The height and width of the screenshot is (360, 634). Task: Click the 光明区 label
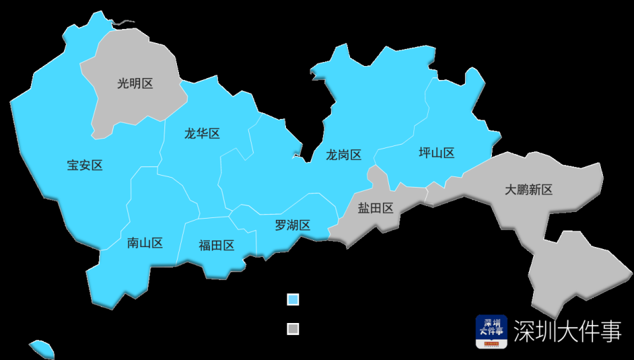click(x=135, y=84)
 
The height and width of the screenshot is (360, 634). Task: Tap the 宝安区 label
click(x=85, y=165)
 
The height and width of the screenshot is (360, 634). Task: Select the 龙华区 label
click(x=201, y=134)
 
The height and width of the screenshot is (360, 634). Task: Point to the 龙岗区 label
click(x=343, y=155)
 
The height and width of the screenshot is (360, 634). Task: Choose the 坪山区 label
click(x=437, y=153)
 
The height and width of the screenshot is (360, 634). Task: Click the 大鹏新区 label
click(x=528, y=190)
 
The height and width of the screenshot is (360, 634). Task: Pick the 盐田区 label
click(x=375, y=208)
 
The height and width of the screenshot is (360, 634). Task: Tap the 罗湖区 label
click(x=293, y=225)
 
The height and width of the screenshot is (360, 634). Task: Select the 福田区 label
click(x=217, y=246)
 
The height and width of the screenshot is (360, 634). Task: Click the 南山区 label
click(x=145, y=243)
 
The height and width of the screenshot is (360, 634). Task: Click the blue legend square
click(x=293, y=300)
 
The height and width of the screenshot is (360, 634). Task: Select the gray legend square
click(x=293, y=329)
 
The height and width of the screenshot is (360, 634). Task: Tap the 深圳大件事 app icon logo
click(x=491, y=331)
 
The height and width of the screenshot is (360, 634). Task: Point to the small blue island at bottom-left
click(x=42, y=348)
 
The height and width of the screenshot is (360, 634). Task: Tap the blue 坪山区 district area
click(x=456, y=119)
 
